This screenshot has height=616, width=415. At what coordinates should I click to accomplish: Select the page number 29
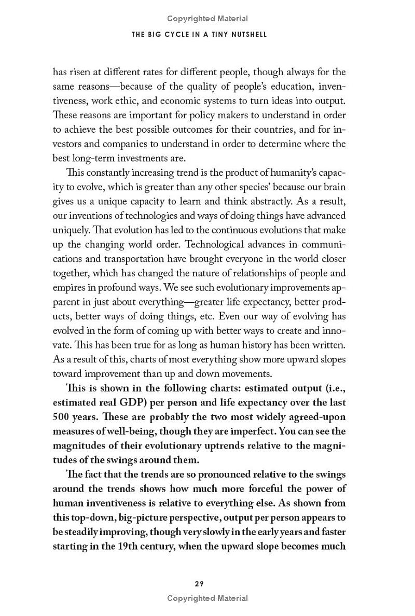(199, 583)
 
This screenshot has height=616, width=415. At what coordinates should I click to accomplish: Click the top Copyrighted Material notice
(208, 19)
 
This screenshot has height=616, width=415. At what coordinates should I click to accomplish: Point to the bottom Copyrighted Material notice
(208, 598)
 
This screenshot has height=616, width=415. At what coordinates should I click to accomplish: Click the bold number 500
(63, 417)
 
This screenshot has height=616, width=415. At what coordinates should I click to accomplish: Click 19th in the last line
(123, 547)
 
